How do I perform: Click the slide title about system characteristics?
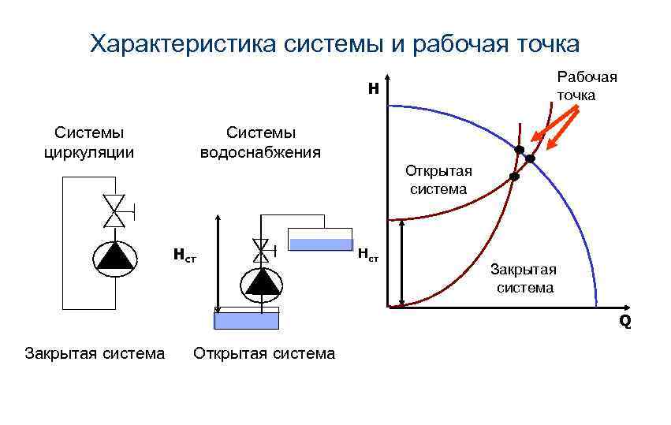(335, 43)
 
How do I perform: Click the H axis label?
(374, 90)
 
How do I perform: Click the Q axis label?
(624, 321)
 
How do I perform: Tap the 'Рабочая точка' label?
(587, 86)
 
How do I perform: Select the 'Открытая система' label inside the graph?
(438, 181)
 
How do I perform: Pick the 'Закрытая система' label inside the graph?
(524, 279)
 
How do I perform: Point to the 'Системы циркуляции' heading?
(89, 141)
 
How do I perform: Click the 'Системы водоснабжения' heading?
(260, 141)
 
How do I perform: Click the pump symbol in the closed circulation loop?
(114, 256)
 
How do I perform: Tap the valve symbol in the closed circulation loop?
(115, 210)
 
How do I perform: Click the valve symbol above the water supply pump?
(260, 252)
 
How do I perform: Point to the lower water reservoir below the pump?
(247, 319)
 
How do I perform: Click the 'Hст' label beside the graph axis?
(368, 255)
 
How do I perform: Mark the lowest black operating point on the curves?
(514, 177)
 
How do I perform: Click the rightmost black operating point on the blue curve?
(531, 159)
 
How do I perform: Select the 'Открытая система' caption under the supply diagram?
(264, 353)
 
